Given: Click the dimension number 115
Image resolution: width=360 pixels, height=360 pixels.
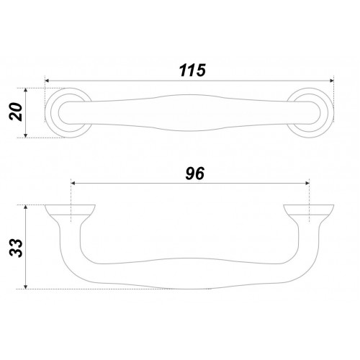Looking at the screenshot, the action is point(192,71).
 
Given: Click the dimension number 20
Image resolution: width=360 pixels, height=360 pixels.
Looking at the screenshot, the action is point(16,112).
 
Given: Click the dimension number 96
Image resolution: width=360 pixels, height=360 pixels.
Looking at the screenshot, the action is point(195,174).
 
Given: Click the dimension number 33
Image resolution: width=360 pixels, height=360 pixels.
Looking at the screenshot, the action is point(16,248).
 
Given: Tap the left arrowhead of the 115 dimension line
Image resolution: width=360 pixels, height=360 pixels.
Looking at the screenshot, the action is point(48,81).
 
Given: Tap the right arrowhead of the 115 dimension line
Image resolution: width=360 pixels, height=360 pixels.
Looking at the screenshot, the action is point(332,81).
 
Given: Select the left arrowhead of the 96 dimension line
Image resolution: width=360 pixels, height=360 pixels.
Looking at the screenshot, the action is point(73,184).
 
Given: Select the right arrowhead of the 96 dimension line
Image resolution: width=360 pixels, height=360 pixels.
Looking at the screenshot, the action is point(307,184).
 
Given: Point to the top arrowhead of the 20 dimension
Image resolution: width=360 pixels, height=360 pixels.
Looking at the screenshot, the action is point(26,91).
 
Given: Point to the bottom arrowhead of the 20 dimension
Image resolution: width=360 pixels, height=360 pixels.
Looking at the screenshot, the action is point(26,135).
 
